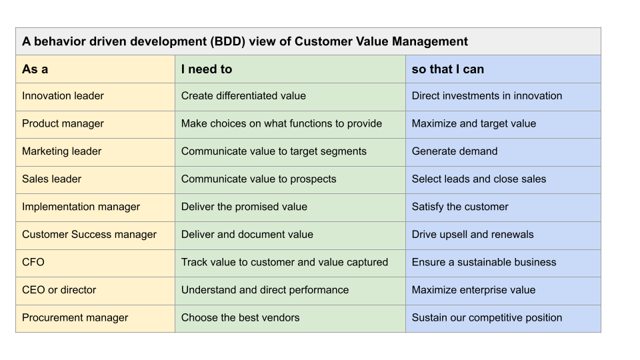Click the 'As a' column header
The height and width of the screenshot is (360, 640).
[35, 69]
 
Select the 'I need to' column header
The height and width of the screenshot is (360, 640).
[207, 69]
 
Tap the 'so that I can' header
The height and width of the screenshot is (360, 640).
[448, 69]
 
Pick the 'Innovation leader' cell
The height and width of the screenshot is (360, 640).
[63, 96]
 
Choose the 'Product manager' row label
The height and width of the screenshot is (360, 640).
[63, 123]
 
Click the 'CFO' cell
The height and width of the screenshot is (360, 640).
[33, 262]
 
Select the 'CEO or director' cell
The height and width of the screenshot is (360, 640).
[59, 290]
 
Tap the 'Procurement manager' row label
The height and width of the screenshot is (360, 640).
[75, 318]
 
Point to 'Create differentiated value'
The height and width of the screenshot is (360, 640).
[243, 96]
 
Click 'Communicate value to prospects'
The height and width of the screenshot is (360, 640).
[259, 179]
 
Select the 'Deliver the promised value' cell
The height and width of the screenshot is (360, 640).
[244, 207]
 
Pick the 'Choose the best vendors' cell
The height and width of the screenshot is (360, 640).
[240, 318]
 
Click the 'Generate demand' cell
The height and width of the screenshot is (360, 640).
[455, 151]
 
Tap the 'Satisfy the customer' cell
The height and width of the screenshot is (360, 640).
[460, 207]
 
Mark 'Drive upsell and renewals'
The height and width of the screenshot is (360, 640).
[473, 235]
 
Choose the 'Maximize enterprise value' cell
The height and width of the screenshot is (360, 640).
[473, 290]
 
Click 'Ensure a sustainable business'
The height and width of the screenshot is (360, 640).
[484, 262]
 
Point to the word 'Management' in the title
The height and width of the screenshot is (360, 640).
[429, 41]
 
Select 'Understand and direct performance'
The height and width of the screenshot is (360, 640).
[265, 290]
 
